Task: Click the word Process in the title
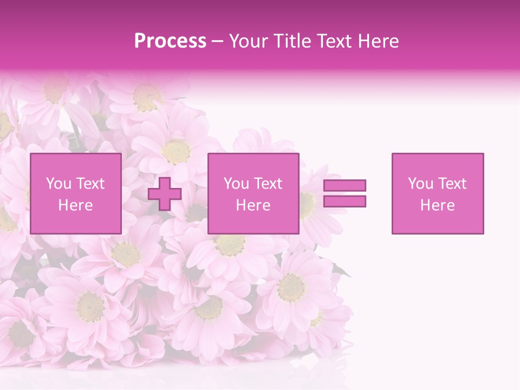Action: pos(170,41)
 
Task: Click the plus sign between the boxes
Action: pos(165,194)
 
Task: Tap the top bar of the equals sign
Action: pos(344,185)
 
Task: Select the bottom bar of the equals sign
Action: pos(344,201)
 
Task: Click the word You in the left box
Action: pos(58,184)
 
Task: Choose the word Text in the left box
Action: pos(89,184)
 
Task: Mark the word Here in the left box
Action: pos(75,205)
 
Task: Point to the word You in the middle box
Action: pos(236,184)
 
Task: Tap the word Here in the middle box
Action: pos(253,205)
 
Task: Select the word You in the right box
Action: pos(420,184)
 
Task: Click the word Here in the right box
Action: pos(437,205)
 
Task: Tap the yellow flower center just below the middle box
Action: pos(231,244)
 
